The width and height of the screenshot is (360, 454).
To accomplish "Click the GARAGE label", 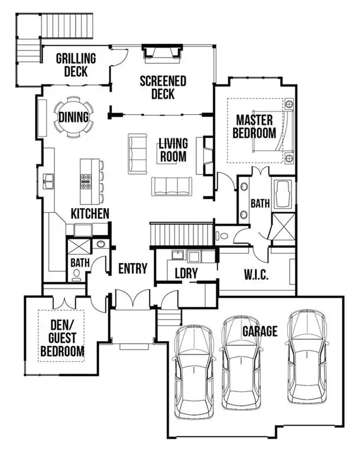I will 260,331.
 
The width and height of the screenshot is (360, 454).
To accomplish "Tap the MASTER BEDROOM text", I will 254,126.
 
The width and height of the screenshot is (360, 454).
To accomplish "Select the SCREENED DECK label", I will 163,87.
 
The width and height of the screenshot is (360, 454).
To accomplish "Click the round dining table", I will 74,117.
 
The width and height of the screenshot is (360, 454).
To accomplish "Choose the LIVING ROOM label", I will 173,150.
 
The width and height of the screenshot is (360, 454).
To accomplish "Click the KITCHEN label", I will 90,213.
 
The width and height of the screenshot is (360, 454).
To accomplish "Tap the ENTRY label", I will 132,268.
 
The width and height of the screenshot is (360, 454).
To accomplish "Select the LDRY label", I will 186,274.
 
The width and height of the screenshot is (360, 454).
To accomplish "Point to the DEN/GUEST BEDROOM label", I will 61,340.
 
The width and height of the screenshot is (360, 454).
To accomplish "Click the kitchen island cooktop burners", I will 85,180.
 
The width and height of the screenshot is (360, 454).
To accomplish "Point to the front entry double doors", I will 133,299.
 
